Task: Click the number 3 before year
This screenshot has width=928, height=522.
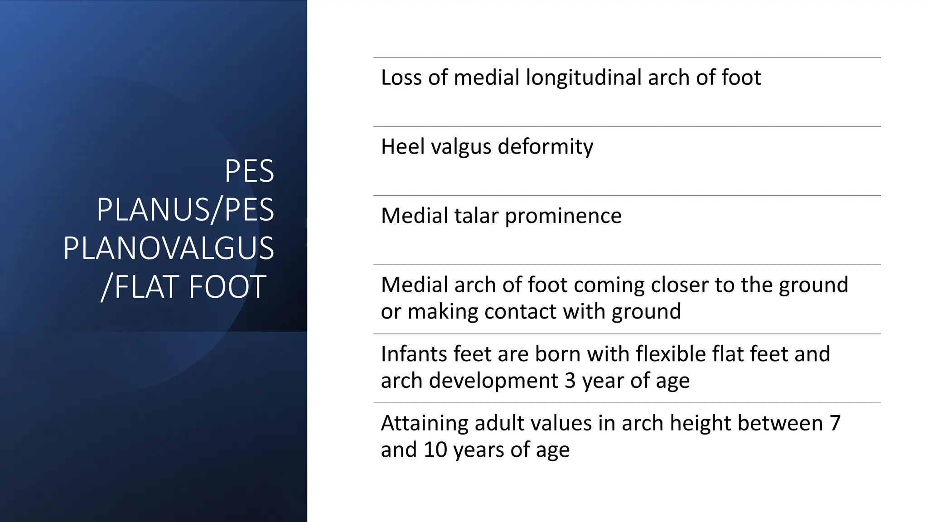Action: [570, 381]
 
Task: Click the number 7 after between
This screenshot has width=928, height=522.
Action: [835, 424]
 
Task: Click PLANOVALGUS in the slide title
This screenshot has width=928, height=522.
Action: [169, 248]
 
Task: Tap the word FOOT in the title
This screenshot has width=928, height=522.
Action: [227, 287]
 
